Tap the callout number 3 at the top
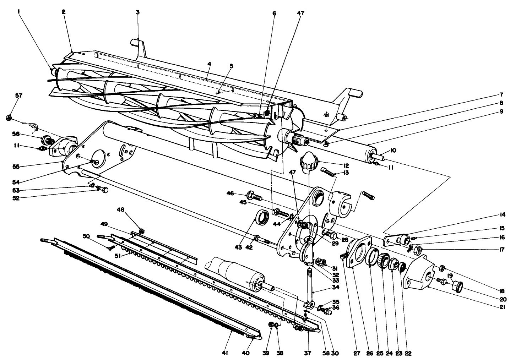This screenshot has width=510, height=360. (137, 12)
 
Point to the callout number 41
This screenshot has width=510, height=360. (224, 353)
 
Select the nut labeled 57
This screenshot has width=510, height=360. (10, 117)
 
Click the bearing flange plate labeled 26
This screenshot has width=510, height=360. (357, 253)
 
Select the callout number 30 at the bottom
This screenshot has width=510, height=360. (335, 353)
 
